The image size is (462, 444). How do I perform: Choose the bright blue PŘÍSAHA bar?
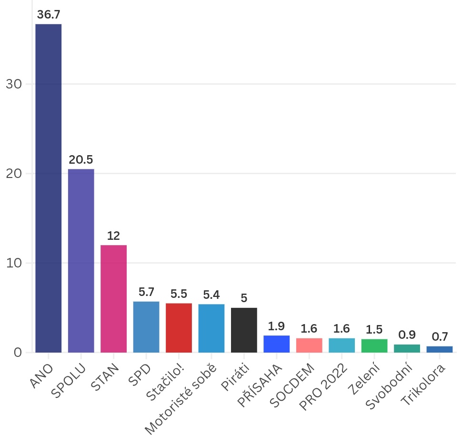276,344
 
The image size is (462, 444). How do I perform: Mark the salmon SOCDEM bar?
309,345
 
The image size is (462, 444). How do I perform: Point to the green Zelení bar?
374,345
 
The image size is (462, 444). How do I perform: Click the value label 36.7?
49,15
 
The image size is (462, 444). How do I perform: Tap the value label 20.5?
81,160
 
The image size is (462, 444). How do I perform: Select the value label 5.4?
211,295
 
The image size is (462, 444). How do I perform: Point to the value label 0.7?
439,337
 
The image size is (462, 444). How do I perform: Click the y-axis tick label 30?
15,84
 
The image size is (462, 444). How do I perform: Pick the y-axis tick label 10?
15,263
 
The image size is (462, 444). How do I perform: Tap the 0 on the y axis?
18,353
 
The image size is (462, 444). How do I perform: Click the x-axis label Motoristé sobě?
181,399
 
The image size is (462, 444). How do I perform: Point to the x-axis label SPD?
139,374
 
